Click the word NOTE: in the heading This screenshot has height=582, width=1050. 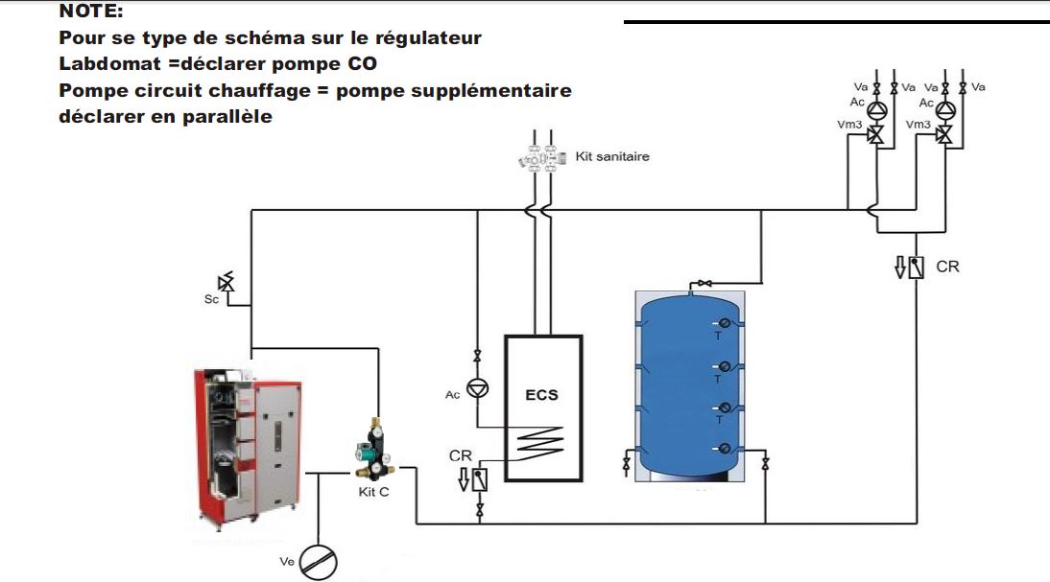click(91, 12)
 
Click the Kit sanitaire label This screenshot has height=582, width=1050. click(611, 156)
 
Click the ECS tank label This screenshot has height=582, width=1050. click(541, 394)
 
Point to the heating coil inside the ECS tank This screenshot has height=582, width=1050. click(543, 445)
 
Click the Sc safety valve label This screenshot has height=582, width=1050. click(212, 299)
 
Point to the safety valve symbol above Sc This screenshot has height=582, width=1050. click(227, 282)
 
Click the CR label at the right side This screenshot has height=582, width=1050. click(946, 267)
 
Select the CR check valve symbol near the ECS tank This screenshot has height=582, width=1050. click(477, 477)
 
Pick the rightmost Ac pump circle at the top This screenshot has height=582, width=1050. click(946, 109)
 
